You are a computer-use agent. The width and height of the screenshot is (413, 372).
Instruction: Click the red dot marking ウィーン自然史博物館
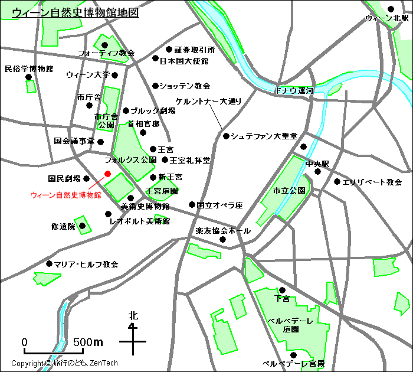pyautogui.click(x=107, y=174)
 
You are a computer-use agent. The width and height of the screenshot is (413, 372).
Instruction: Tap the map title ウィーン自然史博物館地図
pyautogui.click(x=76, y=12)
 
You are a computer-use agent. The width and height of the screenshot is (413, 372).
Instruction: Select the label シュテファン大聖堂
pyautogui.click(x=264, y=136)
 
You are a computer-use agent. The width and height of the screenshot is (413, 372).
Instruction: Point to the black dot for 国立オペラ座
pyautogui.click(x=192, y=205)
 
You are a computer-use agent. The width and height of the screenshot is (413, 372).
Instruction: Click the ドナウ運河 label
pyautogui.click(x=294, y=91)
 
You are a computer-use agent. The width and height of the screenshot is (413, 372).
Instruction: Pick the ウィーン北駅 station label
pyautogui.click(x=386, y=19)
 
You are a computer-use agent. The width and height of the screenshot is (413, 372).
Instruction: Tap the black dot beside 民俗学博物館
pyautogui.click(x=28, y=77)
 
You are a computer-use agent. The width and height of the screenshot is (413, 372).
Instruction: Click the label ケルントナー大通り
pyautogui.click(x=209, y=101)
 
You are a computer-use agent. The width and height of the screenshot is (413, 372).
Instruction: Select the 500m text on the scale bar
pyautogui.click(x=88, y=342)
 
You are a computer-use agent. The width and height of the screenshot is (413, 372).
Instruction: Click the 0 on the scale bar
pyautogui.click(x=25, y=342)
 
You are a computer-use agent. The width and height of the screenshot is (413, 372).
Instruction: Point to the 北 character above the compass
pyautogui.click(x=133, y=316)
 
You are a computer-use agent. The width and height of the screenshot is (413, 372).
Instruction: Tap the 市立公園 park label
pyautogui.click(x=289, y=191)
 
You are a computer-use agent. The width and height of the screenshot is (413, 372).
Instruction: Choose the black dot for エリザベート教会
pyautogui.click(x=337, y=182)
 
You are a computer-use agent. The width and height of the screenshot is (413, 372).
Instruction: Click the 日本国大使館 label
pyautogui.click(x=184, y=61)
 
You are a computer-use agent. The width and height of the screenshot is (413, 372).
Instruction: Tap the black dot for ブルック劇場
pyautogui.click(x=126, y=110)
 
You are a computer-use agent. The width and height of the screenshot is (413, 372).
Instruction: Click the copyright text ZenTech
pyautogui.click(x=104, y=363)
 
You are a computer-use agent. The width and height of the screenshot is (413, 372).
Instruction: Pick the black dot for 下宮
pyautogui.click(x=282, y=290)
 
